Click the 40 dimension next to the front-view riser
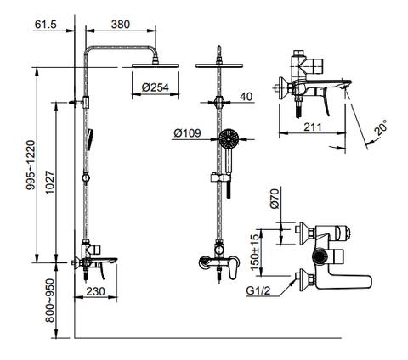tap(246, 97)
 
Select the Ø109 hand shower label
tap(187, 133)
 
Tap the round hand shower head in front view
tap(227, 138)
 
